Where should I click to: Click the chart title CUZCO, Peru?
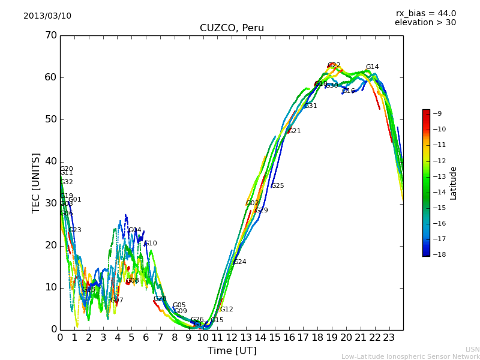coord(232,28)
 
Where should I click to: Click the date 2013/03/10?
coord(47,16)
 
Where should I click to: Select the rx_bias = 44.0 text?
coord(425,13)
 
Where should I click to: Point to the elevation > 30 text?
coord(425,23)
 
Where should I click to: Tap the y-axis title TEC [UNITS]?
coord(36,182)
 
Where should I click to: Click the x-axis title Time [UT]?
coord(232,351)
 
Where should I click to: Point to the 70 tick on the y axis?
coord(50,35)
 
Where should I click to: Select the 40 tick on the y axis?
coord(50,161)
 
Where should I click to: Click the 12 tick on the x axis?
coord(232,338)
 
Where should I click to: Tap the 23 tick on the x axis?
coord(389,338)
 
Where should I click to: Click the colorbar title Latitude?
coord(454,183)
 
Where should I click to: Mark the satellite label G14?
coord(373,67)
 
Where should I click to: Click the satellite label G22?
coord(334,65)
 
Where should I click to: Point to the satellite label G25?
coord(278,186)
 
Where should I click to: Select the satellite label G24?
coord(240,262)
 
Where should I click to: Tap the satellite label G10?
coord(151,244)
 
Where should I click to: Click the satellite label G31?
coord(311,106)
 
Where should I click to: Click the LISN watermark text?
coord(472,349)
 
